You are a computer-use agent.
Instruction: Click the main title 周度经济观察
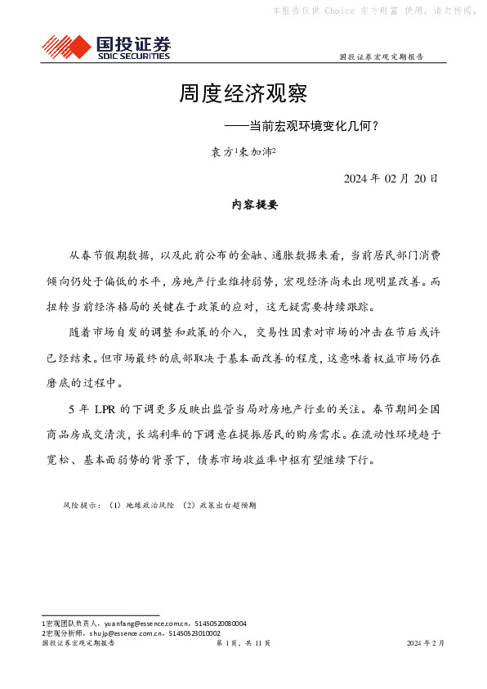(243, 92)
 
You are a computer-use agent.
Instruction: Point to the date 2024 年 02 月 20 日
(391, 178)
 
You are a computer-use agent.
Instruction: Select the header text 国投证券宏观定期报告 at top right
(381, 57)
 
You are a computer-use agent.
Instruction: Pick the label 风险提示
(80, 506)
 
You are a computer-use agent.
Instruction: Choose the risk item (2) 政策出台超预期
(219, 506)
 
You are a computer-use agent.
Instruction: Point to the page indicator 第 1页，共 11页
(243, 643)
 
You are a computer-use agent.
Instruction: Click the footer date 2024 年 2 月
(425, 643)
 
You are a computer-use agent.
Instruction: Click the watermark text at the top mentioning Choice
(374, 11)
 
